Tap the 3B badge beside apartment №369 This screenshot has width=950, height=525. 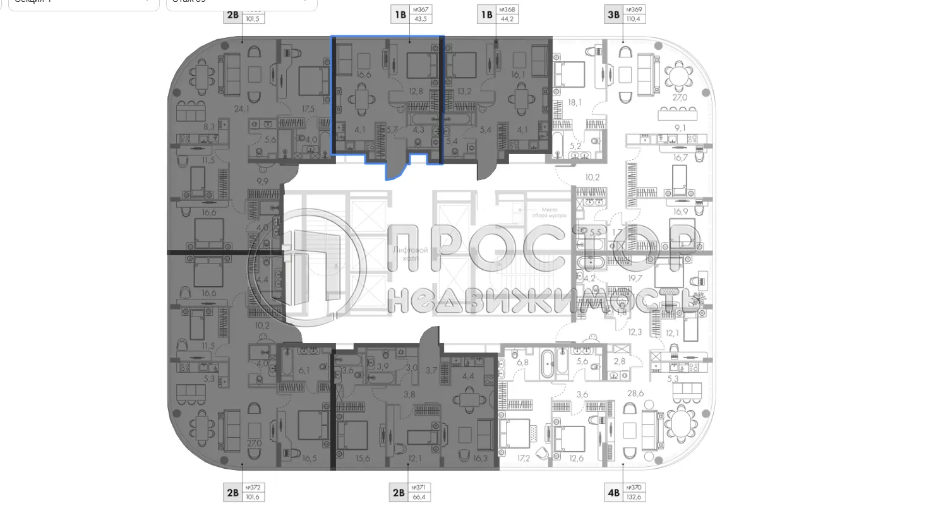click(613, 14)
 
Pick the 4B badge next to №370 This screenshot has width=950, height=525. click(613, 492)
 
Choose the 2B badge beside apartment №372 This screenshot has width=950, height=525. click(232, 492)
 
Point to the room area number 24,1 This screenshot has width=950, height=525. click(242, 109)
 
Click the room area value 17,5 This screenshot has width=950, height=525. click(308, 109)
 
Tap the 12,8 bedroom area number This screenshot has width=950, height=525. click(415, 91)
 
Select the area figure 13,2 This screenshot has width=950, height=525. click(464, 91)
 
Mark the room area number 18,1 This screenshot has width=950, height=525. click(574, 102)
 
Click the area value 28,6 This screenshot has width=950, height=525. click(635, 393)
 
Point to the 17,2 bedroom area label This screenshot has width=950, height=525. click(524, 459)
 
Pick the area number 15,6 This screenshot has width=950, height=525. click(363, 459)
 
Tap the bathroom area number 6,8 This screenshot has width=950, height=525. click(522, 362)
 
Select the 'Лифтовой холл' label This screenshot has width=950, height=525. click(411, 254)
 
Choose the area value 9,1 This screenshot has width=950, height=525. click(680, 128)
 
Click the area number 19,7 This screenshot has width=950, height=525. click(635, 278)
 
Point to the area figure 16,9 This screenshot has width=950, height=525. click(680, 212)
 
